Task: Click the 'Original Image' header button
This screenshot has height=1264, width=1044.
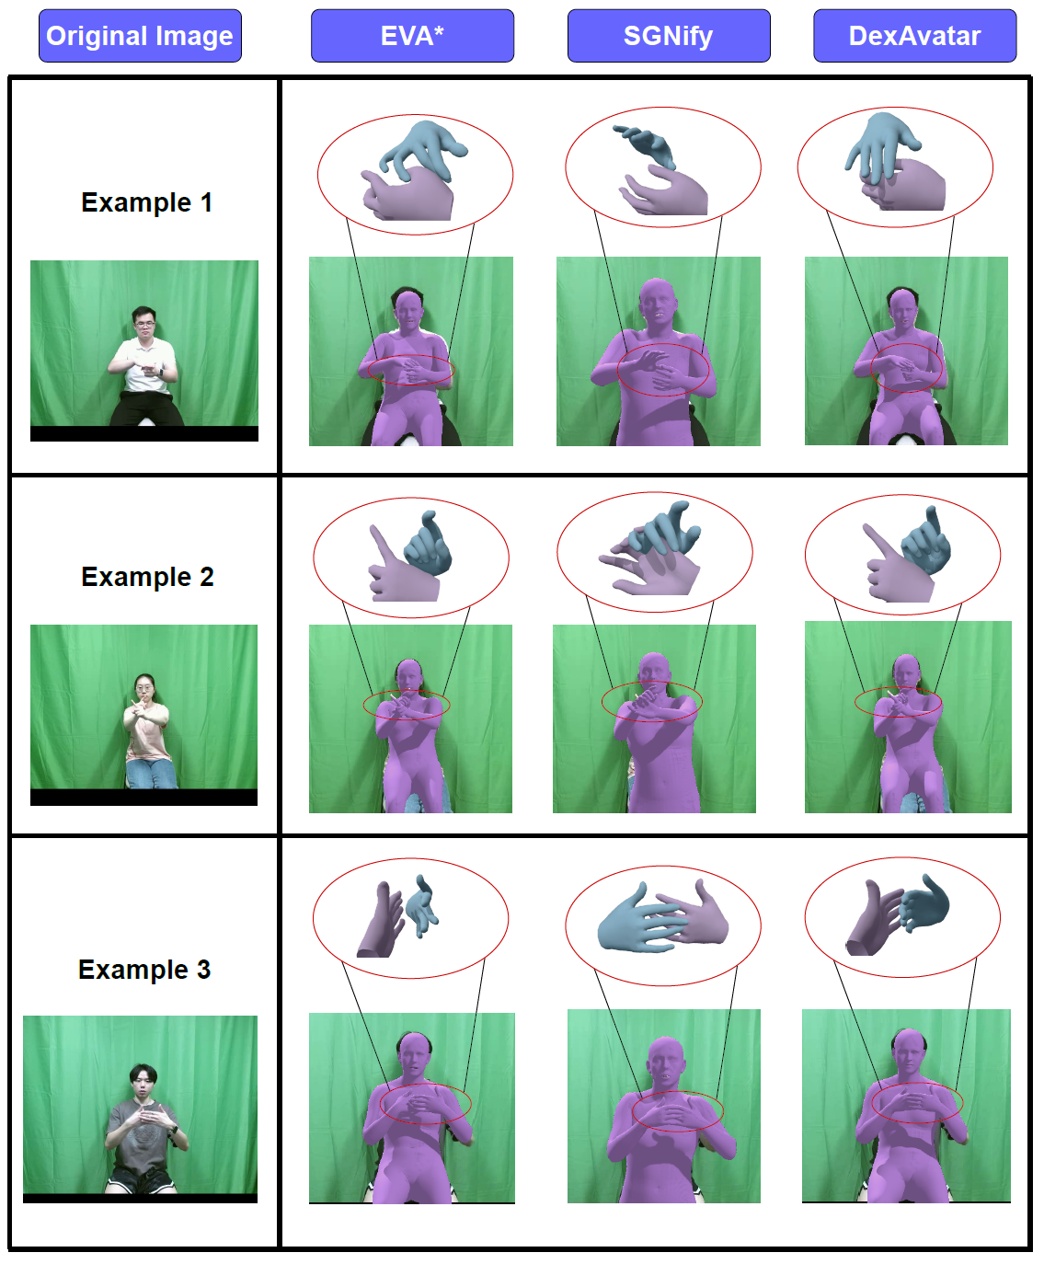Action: point(141,36)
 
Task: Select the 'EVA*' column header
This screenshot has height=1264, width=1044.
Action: point(413,36)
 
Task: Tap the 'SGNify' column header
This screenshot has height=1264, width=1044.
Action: point(669,36)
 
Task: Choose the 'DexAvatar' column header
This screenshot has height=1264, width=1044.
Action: point(915,36)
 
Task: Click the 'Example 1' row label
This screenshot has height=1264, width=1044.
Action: point(147,202)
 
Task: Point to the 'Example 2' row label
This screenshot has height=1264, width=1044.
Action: point(148,577)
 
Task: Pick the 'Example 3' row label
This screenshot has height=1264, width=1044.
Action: point(144,970)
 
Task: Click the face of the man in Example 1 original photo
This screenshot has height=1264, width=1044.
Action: point(144,325)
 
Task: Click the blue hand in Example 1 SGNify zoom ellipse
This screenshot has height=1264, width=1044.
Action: point(646,146)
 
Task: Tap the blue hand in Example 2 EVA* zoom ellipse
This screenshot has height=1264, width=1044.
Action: point(429,544)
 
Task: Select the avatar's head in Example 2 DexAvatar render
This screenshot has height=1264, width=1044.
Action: point(907,673)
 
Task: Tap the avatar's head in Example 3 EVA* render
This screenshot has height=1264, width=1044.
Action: point(415,1056)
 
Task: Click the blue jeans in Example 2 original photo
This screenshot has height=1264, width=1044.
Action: point(152,775)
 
